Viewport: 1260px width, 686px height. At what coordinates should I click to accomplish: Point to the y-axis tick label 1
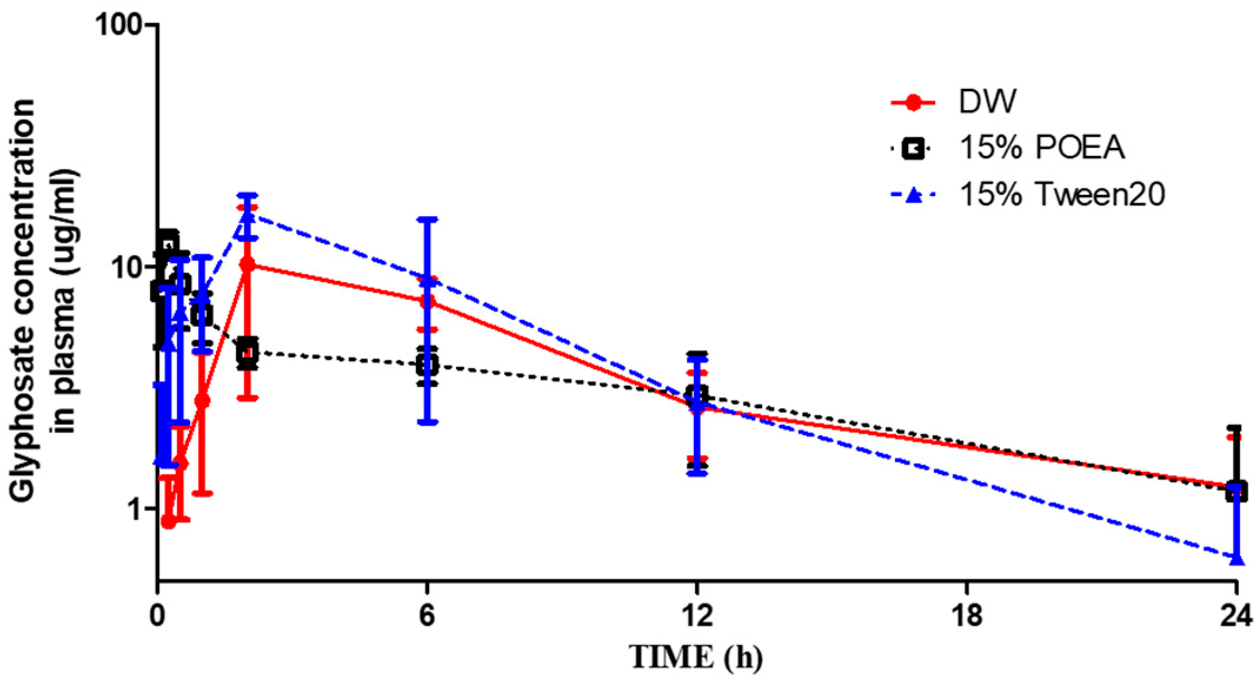[x=137, y=509]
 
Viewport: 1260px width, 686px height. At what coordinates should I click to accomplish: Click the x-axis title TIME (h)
[x=696, y=657]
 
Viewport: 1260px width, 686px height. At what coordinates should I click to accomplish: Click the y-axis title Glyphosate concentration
[x=22, y=300]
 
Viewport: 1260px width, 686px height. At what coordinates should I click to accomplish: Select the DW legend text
[x=987, y=102]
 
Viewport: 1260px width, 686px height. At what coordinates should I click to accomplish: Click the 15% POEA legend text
[x=1042, y=148]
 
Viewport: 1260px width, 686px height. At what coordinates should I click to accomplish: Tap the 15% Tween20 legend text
[x=1062, y=194]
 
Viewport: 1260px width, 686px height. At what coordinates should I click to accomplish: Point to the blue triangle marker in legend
[x=913, y=195]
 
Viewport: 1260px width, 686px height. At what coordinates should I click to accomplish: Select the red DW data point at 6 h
[x=428, y=301]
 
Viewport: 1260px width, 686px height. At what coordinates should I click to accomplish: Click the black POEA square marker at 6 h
[x=427, y=365]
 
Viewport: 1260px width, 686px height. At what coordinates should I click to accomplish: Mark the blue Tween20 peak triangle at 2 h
[x=248, y=216]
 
